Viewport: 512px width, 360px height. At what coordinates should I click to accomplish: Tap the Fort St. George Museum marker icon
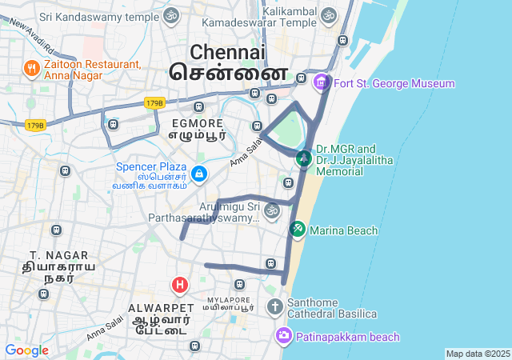click(x=322, y=82)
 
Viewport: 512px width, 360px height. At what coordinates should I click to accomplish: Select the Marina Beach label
click(x=344, y=230)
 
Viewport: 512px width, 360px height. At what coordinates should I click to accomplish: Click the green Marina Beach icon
click(x=297, y=230)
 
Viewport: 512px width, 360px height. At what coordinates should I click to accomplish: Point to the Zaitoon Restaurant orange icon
click(x=32, y=69)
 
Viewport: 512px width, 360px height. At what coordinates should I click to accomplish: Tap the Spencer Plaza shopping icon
click(x=199, y=173)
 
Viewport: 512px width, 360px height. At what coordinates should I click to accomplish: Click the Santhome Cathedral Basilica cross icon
click(x=275, y=306)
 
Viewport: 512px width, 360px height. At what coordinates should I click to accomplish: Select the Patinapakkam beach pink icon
click(x=284, y=336)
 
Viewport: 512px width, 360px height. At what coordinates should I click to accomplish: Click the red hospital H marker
click(x=181, y=284)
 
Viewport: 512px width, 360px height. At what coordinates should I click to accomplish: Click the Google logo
click(x=26, y=350)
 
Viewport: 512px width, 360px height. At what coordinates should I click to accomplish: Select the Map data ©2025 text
click(x=477, y=354)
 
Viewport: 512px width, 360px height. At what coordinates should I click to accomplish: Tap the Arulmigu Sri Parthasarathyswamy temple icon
click(x=272, y=211)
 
